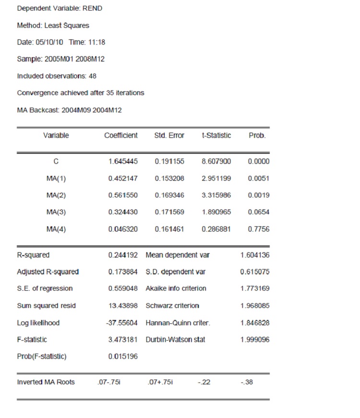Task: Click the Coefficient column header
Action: point(121,135)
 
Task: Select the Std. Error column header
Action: point(169,135)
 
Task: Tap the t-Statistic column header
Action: point(216,135)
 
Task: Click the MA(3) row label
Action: point(56,212)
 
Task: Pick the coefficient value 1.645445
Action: point(123,161)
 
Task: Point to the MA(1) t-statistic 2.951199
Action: point(216,179)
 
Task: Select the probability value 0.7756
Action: point(259,229)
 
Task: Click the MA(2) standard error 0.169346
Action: point(169,196)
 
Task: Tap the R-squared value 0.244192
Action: point(123,255)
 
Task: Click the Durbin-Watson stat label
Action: point(175,340)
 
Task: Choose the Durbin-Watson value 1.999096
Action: point(255,340)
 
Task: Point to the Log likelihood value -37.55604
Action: point(121,323)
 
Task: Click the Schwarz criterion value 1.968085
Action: point(255,306)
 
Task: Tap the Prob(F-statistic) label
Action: point(42,357)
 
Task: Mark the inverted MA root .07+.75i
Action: point(161,382)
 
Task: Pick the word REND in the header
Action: point(93,8)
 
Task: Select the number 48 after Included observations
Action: point(93,76)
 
